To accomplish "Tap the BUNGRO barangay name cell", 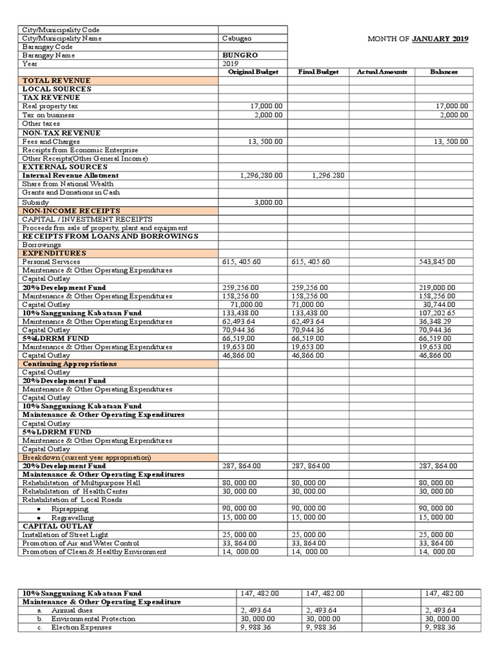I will [x=235, y=55].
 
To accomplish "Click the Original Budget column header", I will [x=253, y=72].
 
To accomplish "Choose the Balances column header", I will [x=443, y=72].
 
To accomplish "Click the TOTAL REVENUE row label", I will [x=50, y=81].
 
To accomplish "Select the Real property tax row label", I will [x=50, y=106].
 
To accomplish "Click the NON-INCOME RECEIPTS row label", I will [x=61, y=211].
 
